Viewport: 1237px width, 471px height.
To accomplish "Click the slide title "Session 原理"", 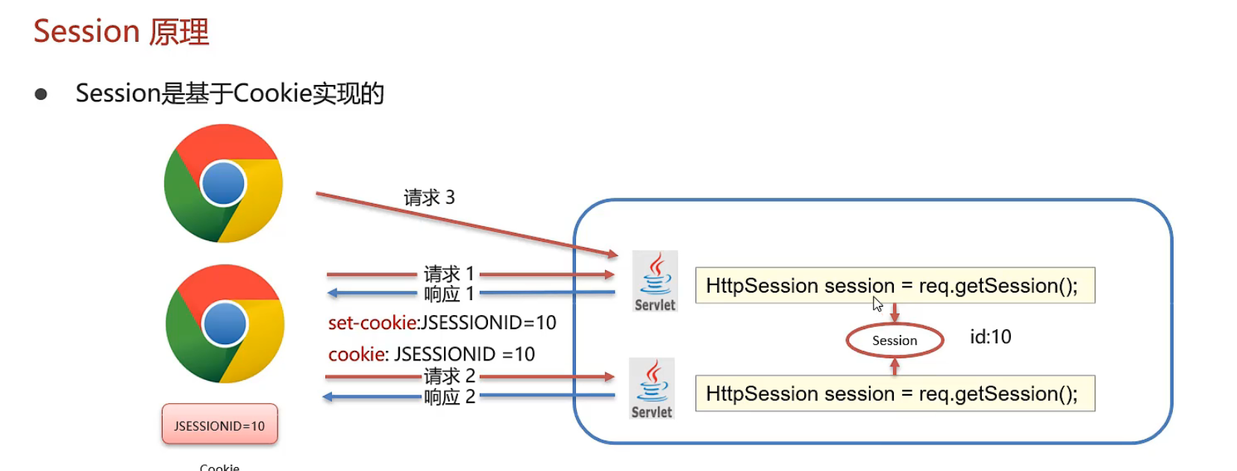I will click(121, 31).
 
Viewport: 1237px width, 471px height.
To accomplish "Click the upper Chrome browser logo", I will click(223, 184).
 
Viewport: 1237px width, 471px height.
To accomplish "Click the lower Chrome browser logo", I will click(225, 324).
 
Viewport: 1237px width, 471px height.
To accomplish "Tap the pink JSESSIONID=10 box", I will click(219, 425).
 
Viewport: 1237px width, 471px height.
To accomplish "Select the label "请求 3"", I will click(429, 197).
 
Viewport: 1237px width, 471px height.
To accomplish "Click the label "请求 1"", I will click(449, 274).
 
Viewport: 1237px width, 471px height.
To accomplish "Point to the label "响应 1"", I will click(449, 294).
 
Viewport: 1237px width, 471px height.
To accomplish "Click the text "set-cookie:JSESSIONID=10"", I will click(442, 322).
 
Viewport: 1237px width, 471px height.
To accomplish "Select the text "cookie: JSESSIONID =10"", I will click(431, 354).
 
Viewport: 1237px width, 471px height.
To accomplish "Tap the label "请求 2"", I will click(449, 375).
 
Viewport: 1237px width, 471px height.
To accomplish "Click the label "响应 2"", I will click(449, 396).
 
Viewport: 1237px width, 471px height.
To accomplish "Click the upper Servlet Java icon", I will click(655, 281).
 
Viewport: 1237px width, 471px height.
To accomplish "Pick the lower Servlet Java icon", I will click(652, 389).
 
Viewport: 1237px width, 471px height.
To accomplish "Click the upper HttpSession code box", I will click(895, 285).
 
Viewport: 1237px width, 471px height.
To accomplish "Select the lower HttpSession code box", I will click(895, 393).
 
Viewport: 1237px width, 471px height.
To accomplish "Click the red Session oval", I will click(895, 340).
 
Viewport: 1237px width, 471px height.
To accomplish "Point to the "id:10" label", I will click(990, 337).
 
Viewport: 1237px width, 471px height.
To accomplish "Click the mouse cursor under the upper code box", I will click(877, 304).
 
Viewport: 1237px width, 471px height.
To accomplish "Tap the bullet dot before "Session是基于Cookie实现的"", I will click(41, 94).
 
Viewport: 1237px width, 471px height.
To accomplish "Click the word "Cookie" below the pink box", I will click(219, 467).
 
